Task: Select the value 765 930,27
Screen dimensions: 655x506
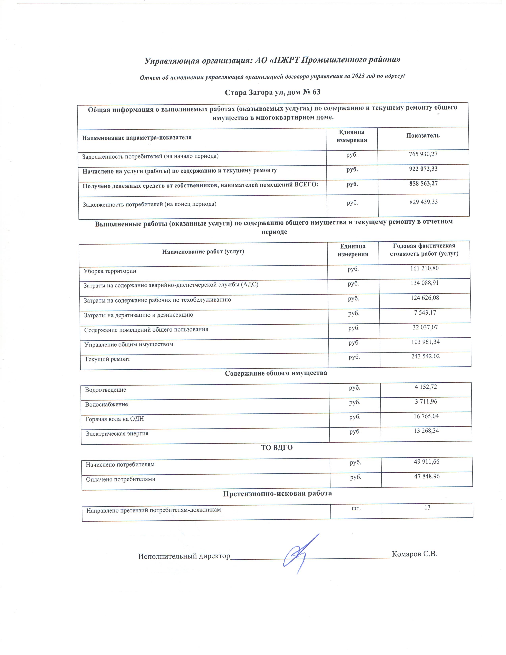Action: pyautogui.click(x=423, y=154)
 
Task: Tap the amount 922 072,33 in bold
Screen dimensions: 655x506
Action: pyautogui.click(x=423, y=169)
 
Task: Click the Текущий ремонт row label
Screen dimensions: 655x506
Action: pyautogui.click(x=107, y=359)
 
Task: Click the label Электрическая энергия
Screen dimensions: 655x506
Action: pyautogui.click(x=117, y=434)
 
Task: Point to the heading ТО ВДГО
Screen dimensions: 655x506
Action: pyautogui.click(x=276, y=448)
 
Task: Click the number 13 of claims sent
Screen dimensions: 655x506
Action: pyautogui.click(x=427, y=508)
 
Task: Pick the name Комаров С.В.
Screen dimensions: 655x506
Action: pyautogui.click(x=415, y=554)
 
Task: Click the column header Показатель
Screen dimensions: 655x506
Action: pyautogui.click(x=423, y=136)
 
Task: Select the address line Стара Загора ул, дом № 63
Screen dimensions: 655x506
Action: pyautogui.click(x=272, y=92)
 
